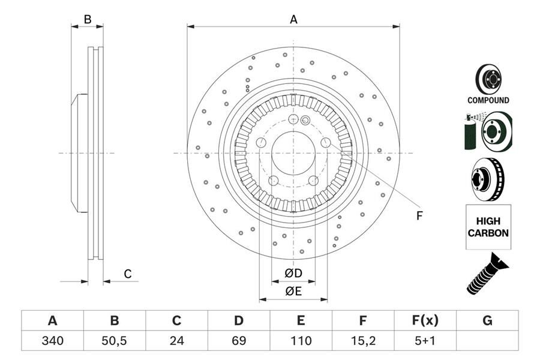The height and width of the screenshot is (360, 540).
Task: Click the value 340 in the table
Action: [52, 341]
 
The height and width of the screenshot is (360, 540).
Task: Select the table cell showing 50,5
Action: [115, 341]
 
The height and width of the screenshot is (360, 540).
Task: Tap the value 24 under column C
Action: [176, 341]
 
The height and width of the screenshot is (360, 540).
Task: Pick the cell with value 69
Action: [239, 341]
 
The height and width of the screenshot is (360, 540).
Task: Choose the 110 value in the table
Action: [301, 341]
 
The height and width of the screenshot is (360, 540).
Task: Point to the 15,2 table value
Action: [363, 341]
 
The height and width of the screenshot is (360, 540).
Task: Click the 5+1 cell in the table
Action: [425, 341]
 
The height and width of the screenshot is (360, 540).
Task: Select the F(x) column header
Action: [425, 321]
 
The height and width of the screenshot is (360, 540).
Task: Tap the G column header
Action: [487, 321]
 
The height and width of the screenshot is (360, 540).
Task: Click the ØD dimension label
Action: [293, 274]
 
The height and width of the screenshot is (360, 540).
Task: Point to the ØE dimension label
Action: [293, 292]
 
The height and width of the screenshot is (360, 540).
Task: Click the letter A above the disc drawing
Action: [293, 19]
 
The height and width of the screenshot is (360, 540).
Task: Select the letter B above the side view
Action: [87, 19]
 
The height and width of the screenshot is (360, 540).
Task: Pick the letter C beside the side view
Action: [127, 274]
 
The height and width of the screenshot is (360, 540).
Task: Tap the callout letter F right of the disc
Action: [419, 215]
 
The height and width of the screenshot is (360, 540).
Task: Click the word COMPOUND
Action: [489, 101]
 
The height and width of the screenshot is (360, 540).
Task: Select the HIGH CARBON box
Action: [488, 227]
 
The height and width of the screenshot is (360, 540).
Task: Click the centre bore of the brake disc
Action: [293, 153]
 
